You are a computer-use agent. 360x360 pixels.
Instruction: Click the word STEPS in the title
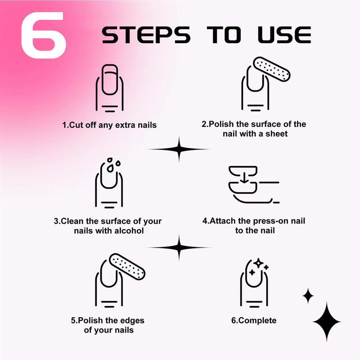click(146, 35)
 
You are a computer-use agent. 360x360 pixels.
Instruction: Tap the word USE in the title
click(284, 35)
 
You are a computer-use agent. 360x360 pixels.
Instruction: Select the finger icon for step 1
click(109, 88)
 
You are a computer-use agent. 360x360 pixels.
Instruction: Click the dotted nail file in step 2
click(272, 69)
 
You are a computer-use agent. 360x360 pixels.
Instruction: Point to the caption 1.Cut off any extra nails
click(109, 125)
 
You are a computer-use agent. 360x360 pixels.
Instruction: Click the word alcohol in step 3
click(129, 231)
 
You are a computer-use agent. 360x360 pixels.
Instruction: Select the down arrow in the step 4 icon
click(244, 178)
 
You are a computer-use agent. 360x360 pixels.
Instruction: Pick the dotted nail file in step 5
click(127, 266)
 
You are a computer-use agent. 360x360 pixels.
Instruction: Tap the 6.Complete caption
click(254, 320)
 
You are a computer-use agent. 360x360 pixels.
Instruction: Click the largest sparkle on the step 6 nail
click(259, 263)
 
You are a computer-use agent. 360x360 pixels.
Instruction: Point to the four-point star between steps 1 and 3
click(179, 149)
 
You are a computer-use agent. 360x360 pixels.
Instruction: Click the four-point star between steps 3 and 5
click(179, 247)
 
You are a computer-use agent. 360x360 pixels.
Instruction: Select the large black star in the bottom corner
click(327, 322)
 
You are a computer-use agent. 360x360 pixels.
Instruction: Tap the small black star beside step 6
click(308, 296)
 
